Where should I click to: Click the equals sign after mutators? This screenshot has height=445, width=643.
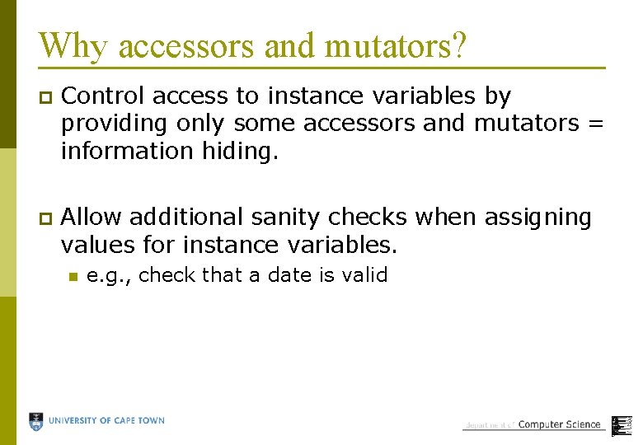point(597,124)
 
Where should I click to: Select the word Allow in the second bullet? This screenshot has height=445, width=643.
point(92,218)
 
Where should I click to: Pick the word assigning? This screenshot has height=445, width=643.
point(538,218)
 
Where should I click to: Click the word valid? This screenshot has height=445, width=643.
point(363,275)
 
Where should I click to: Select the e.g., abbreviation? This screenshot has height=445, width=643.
point(110,275)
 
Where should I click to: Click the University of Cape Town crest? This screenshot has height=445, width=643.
point(37,421)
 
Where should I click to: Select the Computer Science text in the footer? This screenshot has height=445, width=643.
point(559,424)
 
